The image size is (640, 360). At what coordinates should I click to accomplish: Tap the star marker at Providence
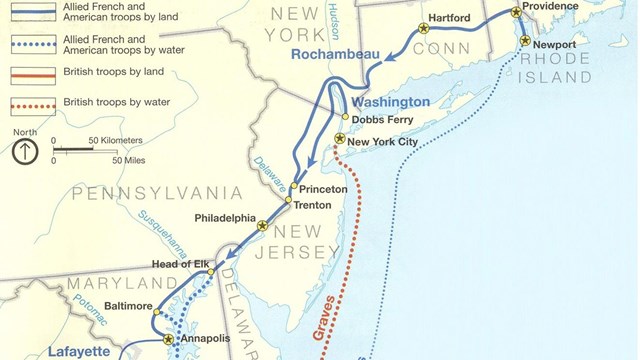click(516, 12)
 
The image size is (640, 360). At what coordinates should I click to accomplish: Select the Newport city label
click(553, 46)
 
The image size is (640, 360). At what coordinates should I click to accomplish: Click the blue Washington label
click(391, 102)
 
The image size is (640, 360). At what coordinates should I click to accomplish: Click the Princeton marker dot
click(294, 188)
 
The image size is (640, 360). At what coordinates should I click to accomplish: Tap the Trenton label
click(312, 204)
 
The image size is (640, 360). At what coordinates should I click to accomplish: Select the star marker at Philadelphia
click(262, 226)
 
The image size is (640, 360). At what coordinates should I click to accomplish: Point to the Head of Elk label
click(178, 264)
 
